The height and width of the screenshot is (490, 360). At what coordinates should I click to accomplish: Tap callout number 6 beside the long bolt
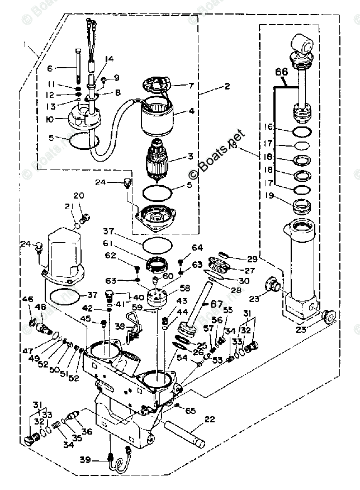(x=65, y=68)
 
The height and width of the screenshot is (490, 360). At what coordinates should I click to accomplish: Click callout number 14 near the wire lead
(x=109, y=59)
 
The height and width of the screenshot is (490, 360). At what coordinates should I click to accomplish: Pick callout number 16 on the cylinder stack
(x=269, y=128)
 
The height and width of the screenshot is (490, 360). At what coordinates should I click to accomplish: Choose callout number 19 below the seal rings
(x=269, y=196)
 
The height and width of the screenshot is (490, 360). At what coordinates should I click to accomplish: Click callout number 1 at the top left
(x=24, y=44)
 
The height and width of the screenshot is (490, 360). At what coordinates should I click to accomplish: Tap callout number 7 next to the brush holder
(x=190, y=86)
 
